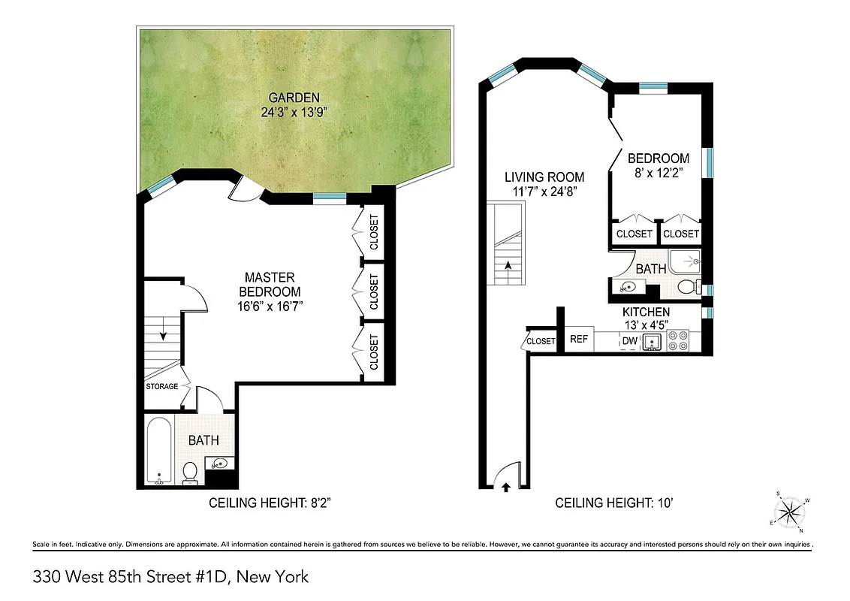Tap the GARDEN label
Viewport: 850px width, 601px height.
pyautogui.click(x=295, y=98)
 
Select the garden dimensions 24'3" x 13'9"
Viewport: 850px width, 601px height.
pyautogui.click(x=295, y=113)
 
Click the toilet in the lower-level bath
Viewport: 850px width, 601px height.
pyautogui.click(x=190, y=473)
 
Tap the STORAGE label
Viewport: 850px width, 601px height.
pyautogui.click(x=161, y=387)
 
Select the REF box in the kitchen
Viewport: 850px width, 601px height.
pyautogui.click(x=578, y=340)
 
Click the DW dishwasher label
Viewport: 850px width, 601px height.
pyautogui.click(x=629, y=342)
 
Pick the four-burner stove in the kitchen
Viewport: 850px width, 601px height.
pyautogui.click(x=679, y=342)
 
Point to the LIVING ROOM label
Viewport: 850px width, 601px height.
pyautogui.click(x=544, y=177)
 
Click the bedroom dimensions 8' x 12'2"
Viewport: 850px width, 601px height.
pyautogui.click(x=658, y=173)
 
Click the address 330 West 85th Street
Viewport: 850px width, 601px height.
pyautogui.click(x=128, y=577)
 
